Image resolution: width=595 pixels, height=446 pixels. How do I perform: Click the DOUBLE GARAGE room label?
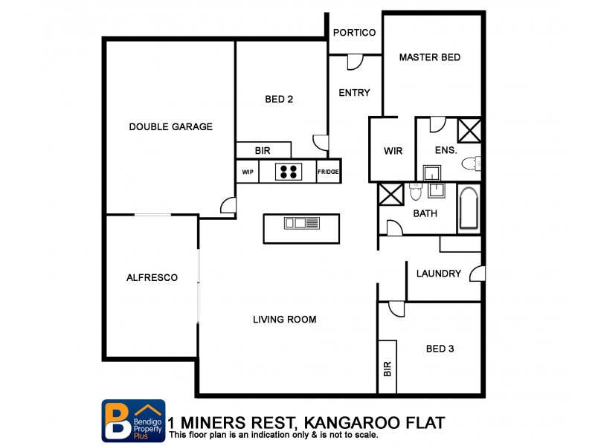tap(170, 126)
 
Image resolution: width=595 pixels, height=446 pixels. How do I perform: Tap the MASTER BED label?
tap(429, 57)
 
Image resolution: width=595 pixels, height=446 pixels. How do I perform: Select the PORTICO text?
tap(354, 33)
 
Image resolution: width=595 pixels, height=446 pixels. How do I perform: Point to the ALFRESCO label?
tap(152, 277)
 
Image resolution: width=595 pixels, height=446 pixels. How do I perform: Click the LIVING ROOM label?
tap(284, 320)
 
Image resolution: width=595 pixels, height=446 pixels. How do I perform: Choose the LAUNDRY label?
tap(438, 274)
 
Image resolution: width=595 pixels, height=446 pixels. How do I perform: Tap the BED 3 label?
tap(440, 349)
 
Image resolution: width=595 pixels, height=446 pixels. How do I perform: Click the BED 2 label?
tap(278, 99)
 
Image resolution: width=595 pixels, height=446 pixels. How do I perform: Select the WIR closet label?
tap(393, 151)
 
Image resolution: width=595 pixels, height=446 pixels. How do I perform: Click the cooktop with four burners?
tap(289, 172)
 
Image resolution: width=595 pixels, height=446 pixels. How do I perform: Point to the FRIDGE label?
tap(328, 172)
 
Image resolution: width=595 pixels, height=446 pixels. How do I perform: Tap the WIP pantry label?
tap(248, 172)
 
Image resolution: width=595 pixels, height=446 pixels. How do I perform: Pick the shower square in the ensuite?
tap(469, 129)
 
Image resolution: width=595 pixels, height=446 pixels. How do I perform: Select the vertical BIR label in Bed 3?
tap(387, 368)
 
